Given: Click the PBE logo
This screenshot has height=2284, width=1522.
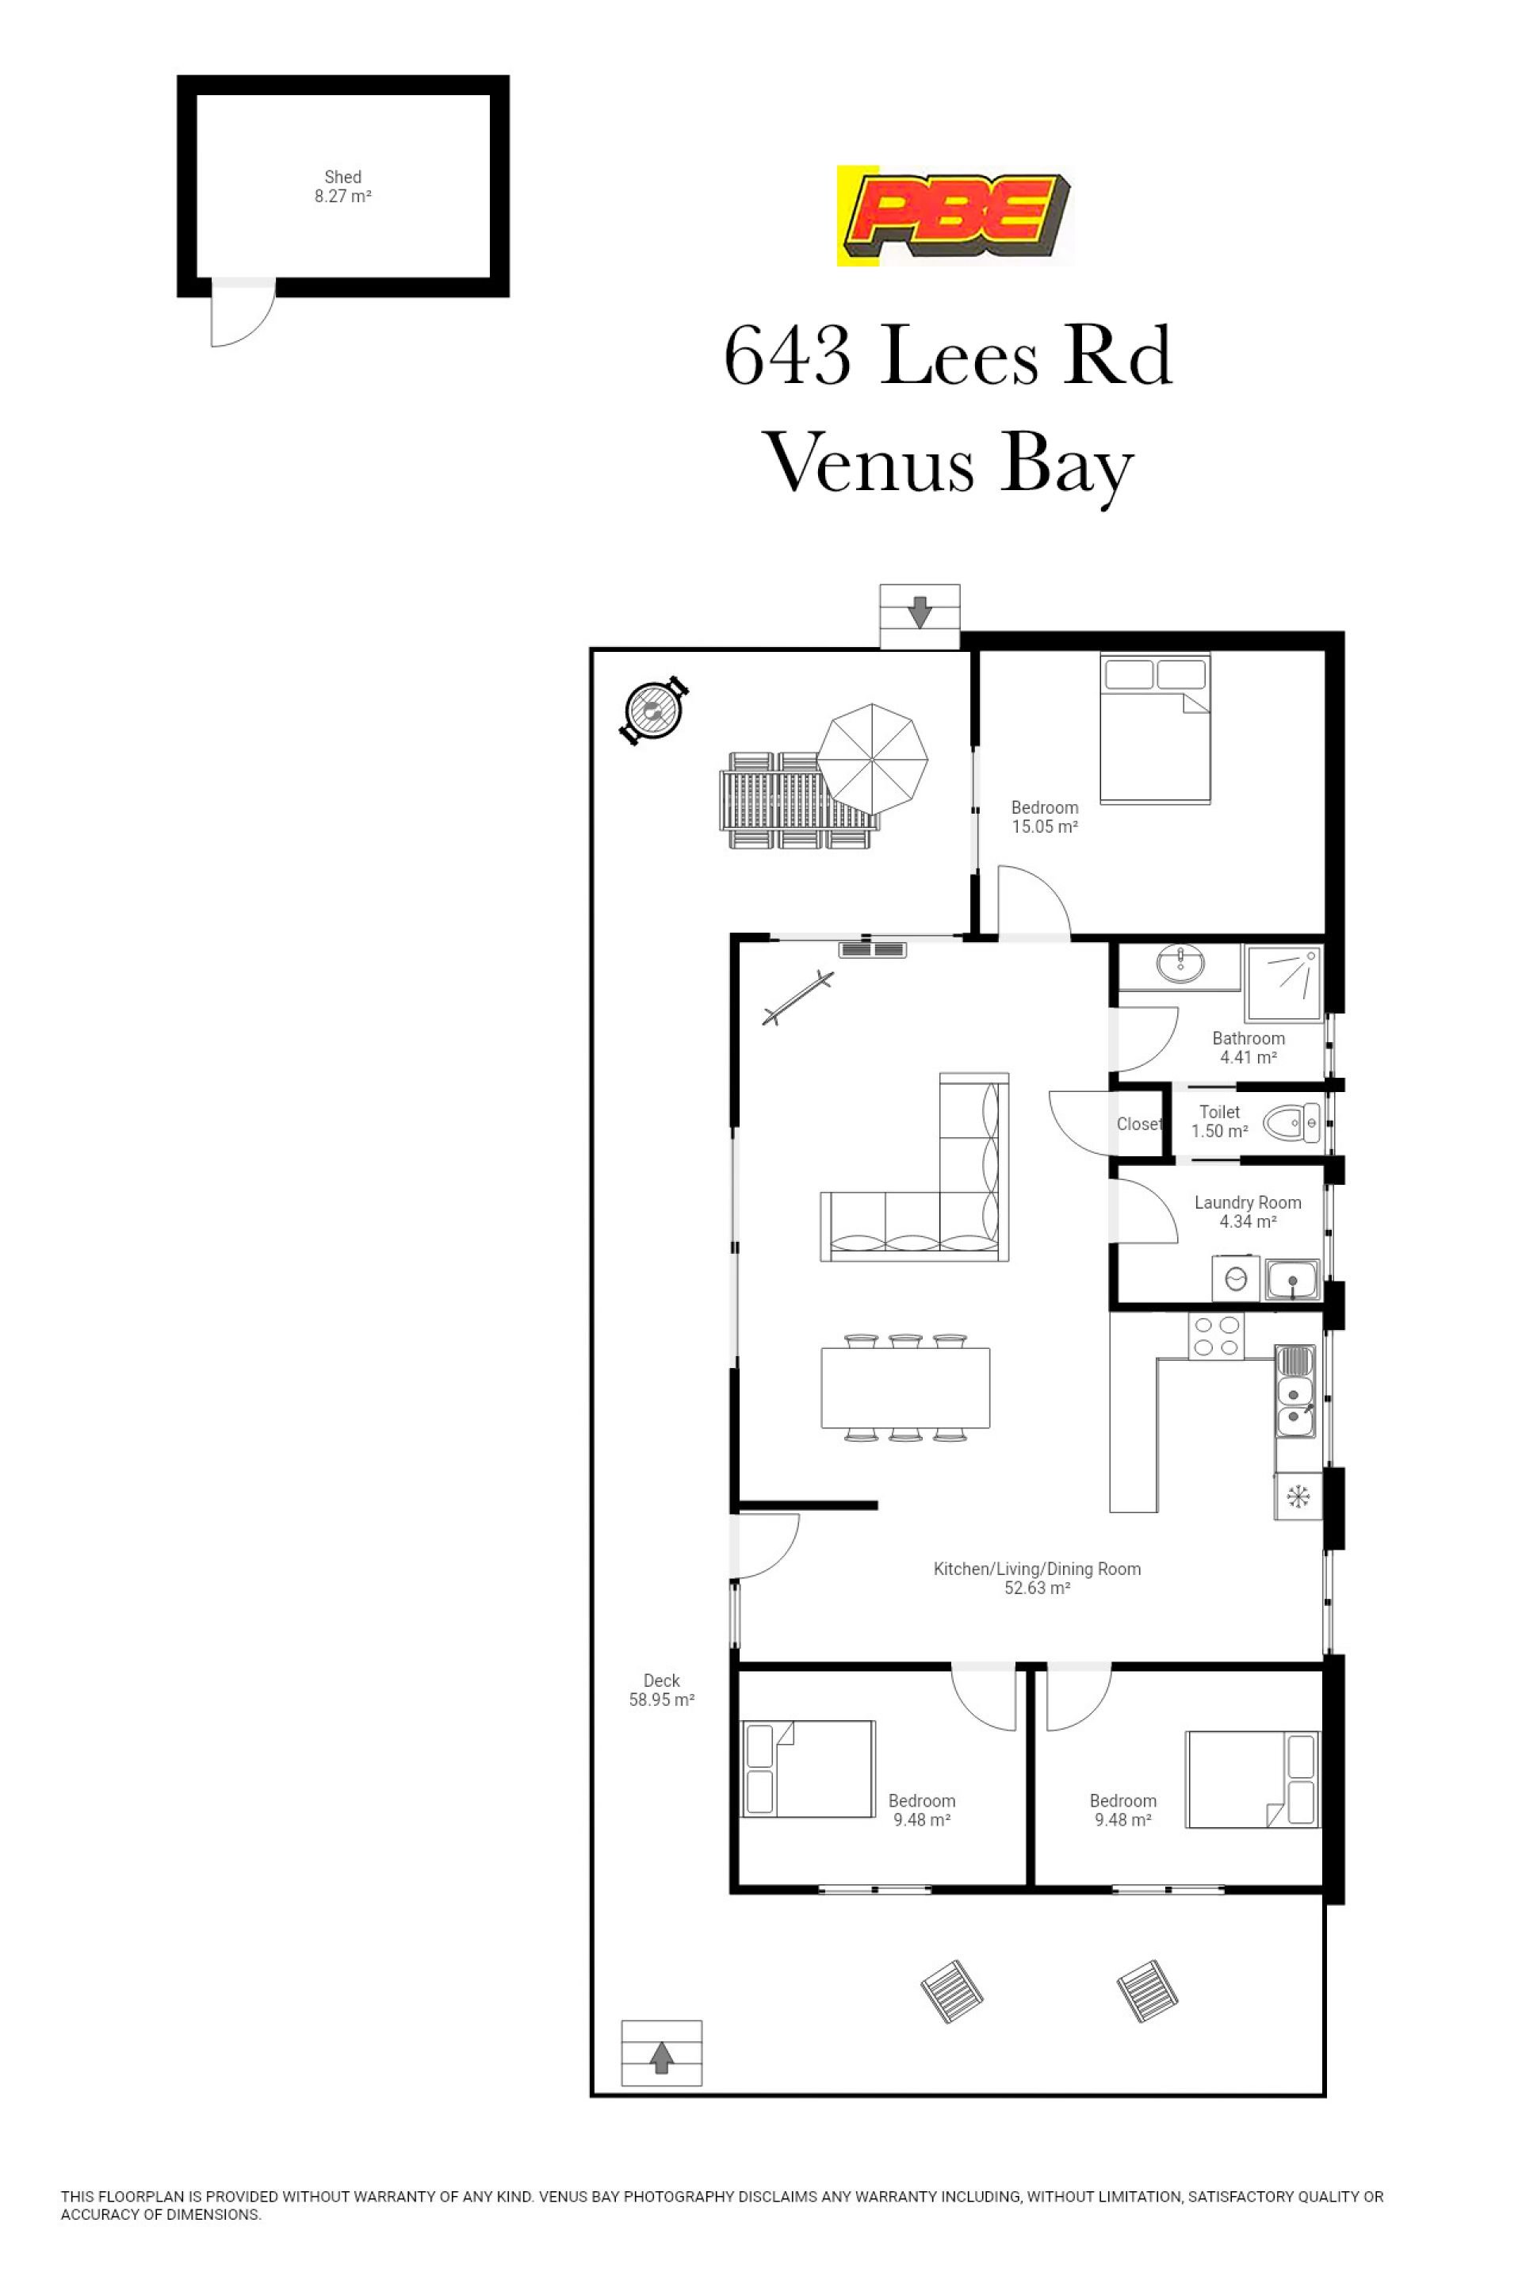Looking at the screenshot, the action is (956, 216).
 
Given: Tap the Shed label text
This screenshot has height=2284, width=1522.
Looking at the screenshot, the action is (342, 177).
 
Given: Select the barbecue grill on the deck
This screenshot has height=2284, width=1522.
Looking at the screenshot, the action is (654, 712).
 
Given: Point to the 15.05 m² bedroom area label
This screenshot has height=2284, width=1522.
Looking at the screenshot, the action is (1045, 817).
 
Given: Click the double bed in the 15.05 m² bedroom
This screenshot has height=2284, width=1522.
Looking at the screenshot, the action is (1155, 727).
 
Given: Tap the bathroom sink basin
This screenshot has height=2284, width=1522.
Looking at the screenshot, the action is (1180, 964).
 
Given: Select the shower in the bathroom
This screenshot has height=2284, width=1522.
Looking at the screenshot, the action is (1283, 982).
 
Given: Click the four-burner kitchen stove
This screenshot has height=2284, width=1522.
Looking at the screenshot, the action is (1216, 1336).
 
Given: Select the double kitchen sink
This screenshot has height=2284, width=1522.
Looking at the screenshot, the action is (1294, 1392).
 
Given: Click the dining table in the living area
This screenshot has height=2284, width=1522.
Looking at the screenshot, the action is (905, 1388).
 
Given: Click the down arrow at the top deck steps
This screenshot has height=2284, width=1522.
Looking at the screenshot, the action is (920, 613).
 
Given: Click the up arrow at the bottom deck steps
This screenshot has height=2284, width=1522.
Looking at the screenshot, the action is (661, 2058).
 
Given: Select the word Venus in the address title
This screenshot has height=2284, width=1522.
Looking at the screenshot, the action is (870, 463).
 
